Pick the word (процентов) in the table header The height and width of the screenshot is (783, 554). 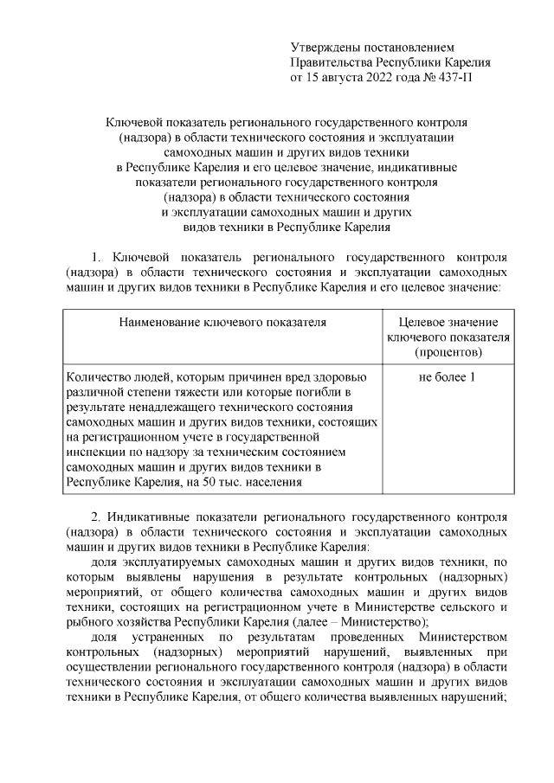pyautogui.click(x=448, y=352)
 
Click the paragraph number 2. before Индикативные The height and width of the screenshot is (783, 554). pyautogui.click(x=96, y=517)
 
